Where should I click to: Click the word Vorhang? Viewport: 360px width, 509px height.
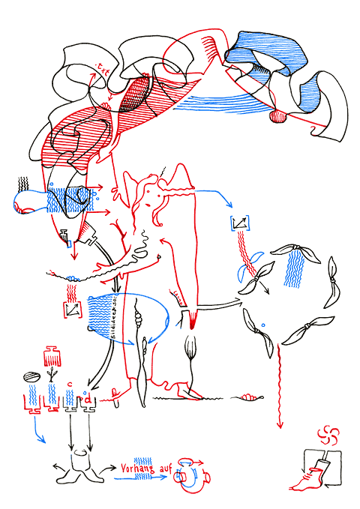[x=139, y=469]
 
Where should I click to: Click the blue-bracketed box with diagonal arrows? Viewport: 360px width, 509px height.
[x=241, y=222]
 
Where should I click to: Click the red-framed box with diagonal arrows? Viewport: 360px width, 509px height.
[x=73, y=307]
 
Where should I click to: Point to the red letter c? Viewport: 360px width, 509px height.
[x=70, y=385]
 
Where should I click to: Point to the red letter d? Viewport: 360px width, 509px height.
[x=88, y=399]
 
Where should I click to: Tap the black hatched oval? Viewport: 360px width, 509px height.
[x=31, y=377]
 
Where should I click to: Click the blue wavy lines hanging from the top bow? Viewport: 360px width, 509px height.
[x=297, y=268]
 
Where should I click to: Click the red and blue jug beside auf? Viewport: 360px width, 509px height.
[x=192, y=477]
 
